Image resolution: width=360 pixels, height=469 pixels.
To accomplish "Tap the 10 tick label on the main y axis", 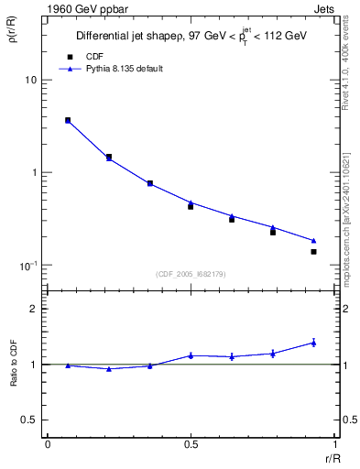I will (30, 81).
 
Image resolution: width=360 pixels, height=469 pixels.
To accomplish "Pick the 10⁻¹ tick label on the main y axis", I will (28, 266).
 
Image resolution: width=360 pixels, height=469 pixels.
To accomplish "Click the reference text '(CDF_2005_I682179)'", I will (191, 272).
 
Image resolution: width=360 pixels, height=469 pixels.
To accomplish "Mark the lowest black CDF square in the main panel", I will (313, 251).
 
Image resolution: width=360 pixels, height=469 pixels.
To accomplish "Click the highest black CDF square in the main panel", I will (68, 120).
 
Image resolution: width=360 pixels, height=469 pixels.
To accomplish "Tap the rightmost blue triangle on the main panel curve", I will (313, 241).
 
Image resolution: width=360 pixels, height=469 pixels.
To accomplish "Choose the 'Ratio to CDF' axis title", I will (14, 364).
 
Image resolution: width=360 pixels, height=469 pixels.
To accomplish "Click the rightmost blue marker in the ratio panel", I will (313, 343).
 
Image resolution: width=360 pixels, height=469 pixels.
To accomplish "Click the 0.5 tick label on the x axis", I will (191, 444).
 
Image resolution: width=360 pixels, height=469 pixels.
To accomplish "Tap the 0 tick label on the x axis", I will (48, 444).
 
